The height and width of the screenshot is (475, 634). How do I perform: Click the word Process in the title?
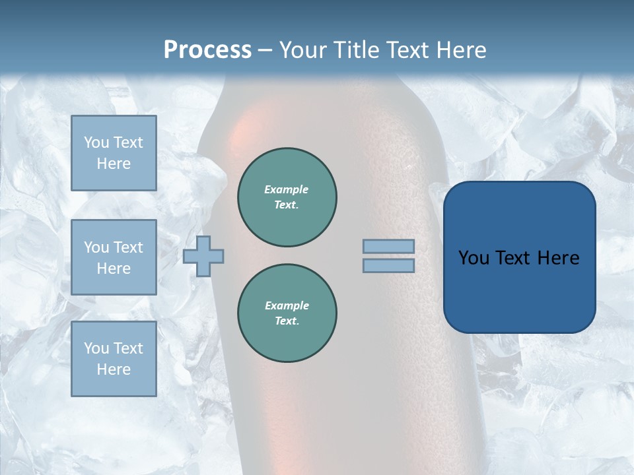coord(207,50)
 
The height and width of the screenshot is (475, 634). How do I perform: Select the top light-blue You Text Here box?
coord(114,153)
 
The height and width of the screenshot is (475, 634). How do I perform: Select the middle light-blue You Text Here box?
coord(114,257)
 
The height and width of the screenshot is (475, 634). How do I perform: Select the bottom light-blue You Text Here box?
coord(114,359)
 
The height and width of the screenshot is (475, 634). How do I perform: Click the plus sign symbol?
coord(203,256)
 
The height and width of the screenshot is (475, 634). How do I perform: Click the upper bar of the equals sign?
coord(388,246)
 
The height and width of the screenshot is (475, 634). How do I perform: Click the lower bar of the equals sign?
coord(388,265)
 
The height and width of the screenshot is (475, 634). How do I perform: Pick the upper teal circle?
coord(287,197)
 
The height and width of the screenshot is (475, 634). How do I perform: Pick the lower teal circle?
coord(287,313)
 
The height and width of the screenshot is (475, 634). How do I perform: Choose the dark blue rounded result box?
coord(519,257)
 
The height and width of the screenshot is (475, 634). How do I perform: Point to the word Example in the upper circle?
coord(287,189)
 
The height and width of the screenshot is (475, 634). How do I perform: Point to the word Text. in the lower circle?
coord(287,321)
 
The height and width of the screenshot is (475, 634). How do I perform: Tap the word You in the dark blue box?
coord(474,258)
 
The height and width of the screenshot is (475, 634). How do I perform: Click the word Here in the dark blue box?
coord(558,258)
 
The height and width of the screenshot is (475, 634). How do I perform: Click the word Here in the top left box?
coord(114,164)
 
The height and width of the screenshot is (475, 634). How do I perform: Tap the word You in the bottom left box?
coord(96,348)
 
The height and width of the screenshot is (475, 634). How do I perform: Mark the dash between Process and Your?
coord(265,50)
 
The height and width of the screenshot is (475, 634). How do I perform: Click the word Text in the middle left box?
coord(127,247)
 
